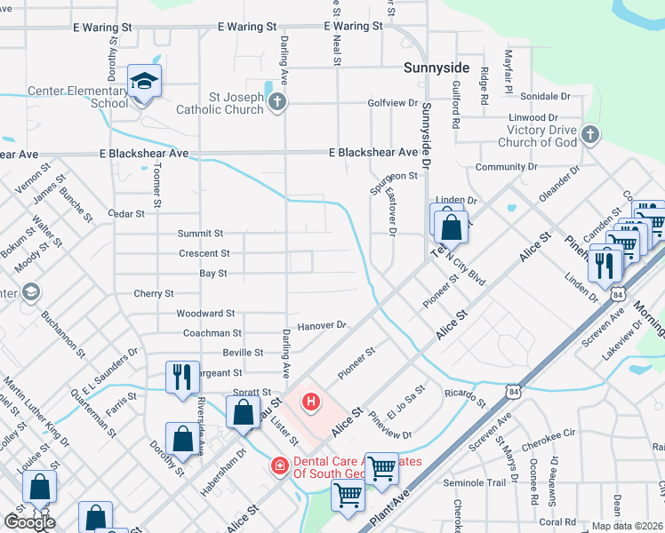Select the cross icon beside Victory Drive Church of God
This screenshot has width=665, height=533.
pyautogui.click(x=589, y=136)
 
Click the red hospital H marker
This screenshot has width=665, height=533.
pyautogui.click(x=310, y=402)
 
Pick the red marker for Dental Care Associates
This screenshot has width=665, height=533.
pyautogui.click(x=279, y=465)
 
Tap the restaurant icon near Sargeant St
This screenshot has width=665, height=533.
pyautogui.click(x=181, y=376)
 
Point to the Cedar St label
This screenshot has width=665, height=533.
pyautogui.click(x=125, y=214)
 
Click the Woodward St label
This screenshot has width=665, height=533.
pyautogui.click(x=205, y=314)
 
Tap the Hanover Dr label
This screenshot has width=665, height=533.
pyautogui.click(x=321, y=326)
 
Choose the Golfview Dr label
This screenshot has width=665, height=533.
pyautogui.click(x=392, y=103)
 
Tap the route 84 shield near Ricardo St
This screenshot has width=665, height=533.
pyautogui.click(x=513, y=390)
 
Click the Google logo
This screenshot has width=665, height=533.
pyautogui.click(x=29, y=522)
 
